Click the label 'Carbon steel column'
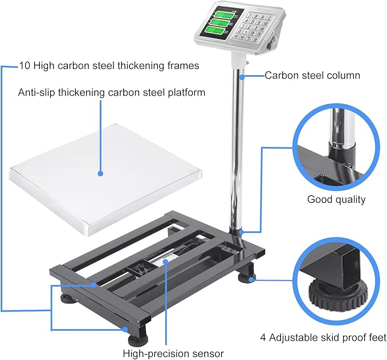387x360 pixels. click(312, 75)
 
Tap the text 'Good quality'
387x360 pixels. click(336, 199)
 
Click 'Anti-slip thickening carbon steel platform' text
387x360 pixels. click(112, 92)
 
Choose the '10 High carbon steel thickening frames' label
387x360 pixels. click(109, 66)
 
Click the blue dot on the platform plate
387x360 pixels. click(100, 173)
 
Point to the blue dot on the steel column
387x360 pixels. click(242, 75)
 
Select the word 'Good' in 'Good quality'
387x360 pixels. click(320, 199)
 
